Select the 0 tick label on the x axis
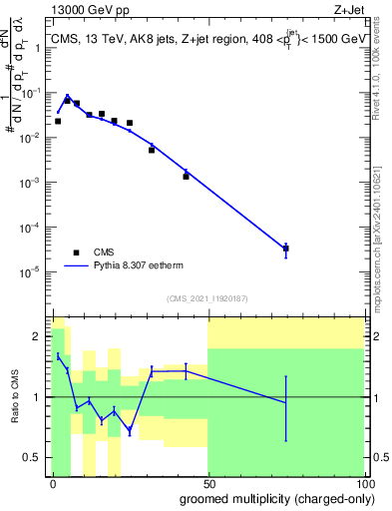(52, 482)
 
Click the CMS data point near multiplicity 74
(285, 249)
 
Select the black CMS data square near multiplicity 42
(186, 176)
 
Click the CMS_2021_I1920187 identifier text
(206, 298)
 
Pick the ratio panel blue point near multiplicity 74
(285, 402)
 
